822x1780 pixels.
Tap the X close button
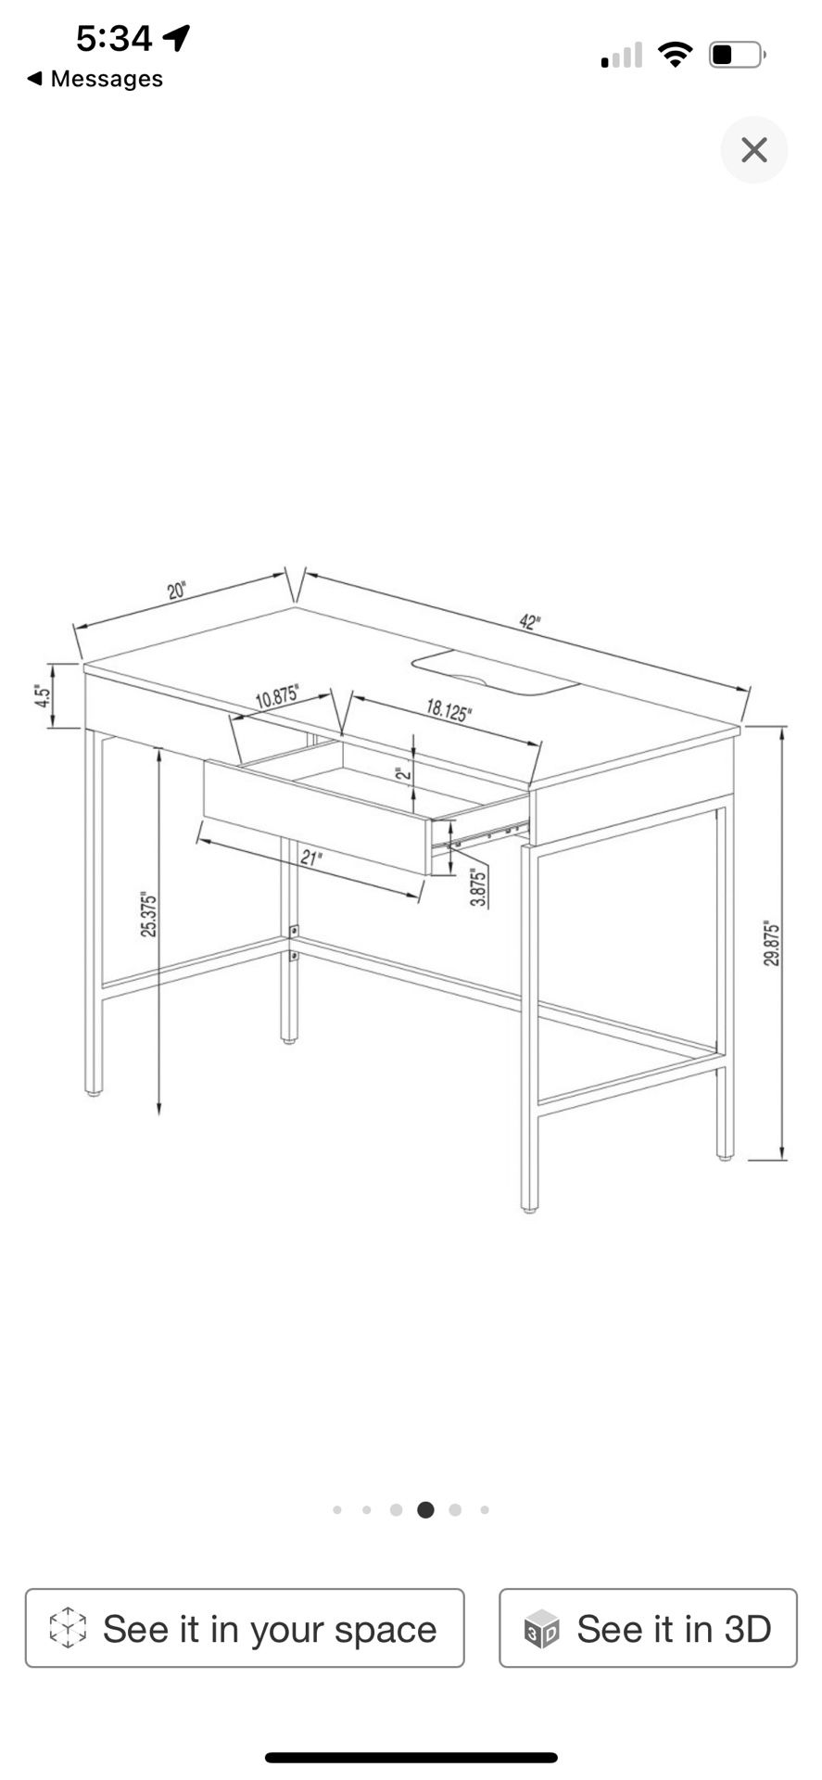[x=753, y=150]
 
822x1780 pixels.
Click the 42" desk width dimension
[x=529, y=622]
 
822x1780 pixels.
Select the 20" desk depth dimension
[x=177, y=591]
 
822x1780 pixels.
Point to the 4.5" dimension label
[x=41, y=695]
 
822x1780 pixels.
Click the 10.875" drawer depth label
[x=277, y=696]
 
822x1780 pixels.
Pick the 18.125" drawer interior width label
[x=449, y=711]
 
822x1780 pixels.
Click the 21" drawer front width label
[x=311, y=858]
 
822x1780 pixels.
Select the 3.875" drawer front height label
[x=478, y=887]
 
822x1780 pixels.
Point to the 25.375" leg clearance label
[x=149, y=914]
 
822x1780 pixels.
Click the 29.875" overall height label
[x=772, y=944]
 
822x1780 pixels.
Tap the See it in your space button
[x=245, y=1628]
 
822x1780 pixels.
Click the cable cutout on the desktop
[x=495, y=671]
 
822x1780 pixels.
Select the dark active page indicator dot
[x=425, y=1510]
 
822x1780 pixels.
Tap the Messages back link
[x=95, y=79]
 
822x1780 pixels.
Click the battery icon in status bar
[x=737, y=55]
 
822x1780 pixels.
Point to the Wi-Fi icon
[x=676, y=55]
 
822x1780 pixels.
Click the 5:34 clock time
[x=114, y=38]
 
